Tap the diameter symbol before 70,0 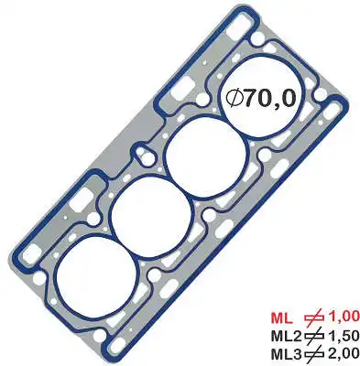(x=235, y=98)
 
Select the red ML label (x=282, y=318)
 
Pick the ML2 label (x=287, y=336)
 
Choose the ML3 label (x=287, y=354)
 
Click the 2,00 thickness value (x=344, y=354)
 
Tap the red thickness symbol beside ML (x=314, y=318)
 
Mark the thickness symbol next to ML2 (x=314, y=336)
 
